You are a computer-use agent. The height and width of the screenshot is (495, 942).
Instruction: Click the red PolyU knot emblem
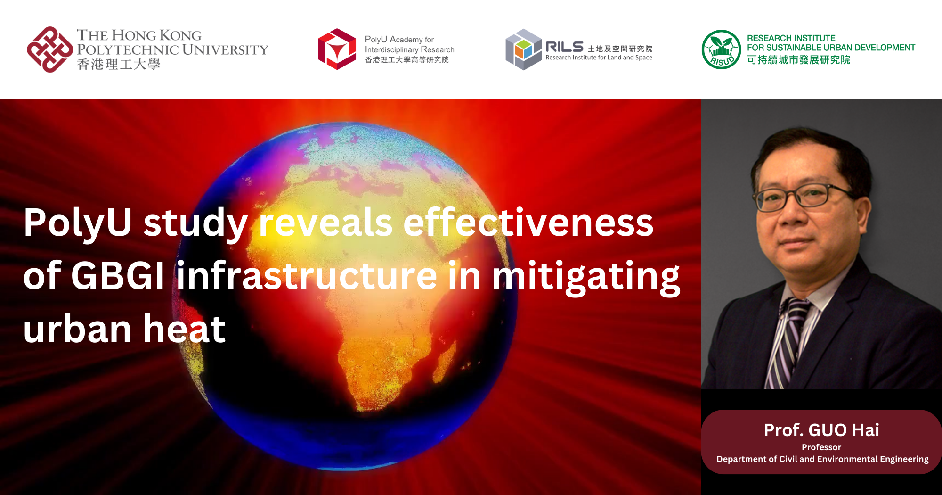click(49, 49)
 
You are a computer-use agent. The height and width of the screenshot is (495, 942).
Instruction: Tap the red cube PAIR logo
click(337, 49)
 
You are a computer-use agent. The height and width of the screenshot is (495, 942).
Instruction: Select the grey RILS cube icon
click(523, 49)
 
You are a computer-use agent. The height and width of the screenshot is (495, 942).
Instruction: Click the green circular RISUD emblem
click(721, 49)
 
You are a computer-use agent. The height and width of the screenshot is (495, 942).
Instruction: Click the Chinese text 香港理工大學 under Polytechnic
click(119, 65)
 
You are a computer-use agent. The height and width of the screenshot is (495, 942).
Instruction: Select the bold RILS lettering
click(564, 47)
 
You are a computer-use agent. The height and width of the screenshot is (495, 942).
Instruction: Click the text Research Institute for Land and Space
click(599, 58)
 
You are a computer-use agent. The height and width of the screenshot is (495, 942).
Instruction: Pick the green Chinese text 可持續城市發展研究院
click(798, 60)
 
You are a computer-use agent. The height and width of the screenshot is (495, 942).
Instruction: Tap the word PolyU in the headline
click(78, 223)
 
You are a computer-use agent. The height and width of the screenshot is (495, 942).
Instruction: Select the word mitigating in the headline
click(586, 277)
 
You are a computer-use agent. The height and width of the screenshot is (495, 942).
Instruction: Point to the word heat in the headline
click(184, 329)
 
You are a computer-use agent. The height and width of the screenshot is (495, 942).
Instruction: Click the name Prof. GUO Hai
click(821, 430)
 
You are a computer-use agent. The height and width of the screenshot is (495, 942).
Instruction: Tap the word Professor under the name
click(821, 447)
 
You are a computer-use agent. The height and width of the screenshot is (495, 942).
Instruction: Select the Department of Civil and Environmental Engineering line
click(822, 459)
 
